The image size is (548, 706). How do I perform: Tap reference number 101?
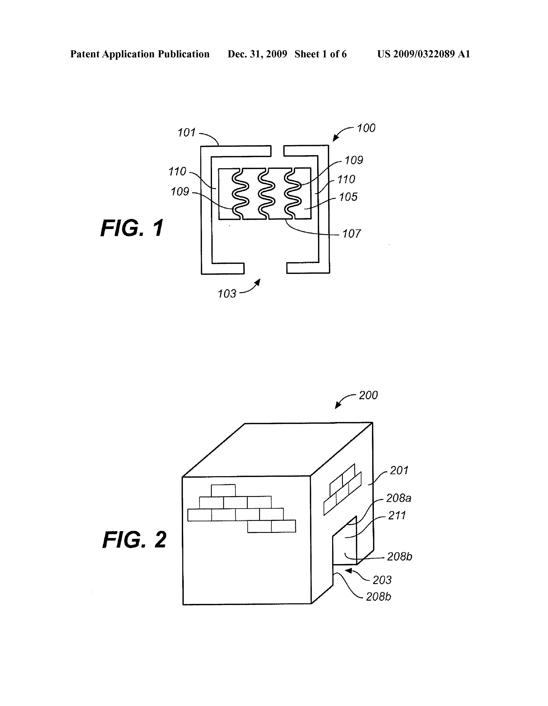point(187,133)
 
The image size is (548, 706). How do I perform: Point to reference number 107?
point(351,233)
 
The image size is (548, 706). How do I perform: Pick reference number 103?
point(227,294)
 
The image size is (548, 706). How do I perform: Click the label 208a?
point(399,498)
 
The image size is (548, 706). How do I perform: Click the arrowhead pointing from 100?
point(335,138)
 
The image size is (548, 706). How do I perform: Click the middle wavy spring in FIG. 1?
point(267,194)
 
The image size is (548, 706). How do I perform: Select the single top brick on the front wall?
point(223,490)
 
